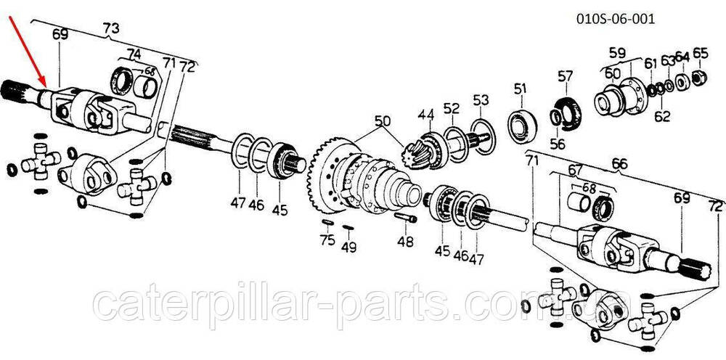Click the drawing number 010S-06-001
616,20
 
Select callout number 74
134,54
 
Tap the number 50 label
383,122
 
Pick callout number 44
426,114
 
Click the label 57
566,76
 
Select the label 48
405,242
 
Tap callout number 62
662,116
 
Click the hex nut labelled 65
699,77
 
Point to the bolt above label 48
406,217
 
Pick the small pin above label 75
327,222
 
